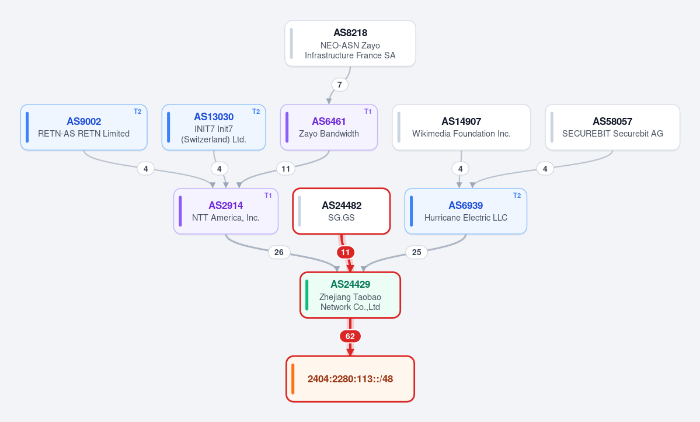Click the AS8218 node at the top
coord(350,44)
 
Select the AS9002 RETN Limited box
coord(84,127)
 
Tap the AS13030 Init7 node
coord(214,127)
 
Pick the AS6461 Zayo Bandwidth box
coord(329,127)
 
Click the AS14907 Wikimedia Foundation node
coord(461,127)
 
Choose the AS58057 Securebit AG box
coord(612,127)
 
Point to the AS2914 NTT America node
coord(226,211)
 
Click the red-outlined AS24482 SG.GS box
coord(342,211)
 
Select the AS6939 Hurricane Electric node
coord(466,211)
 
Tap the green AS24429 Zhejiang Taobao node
coord(350,295)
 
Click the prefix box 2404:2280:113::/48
coord(350,379)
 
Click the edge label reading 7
coord(340,85)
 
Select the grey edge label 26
coord(279,253)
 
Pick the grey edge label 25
coord(416,253)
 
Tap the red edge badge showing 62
coord(350,336)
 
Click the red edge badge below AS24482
coord(346,253)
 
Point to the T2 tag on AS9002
coord(138,111)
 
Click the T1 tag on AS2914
coord(268,196)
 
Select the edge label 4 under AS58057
coord(545,169)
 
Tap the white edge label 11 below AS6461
coord(285,169)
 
